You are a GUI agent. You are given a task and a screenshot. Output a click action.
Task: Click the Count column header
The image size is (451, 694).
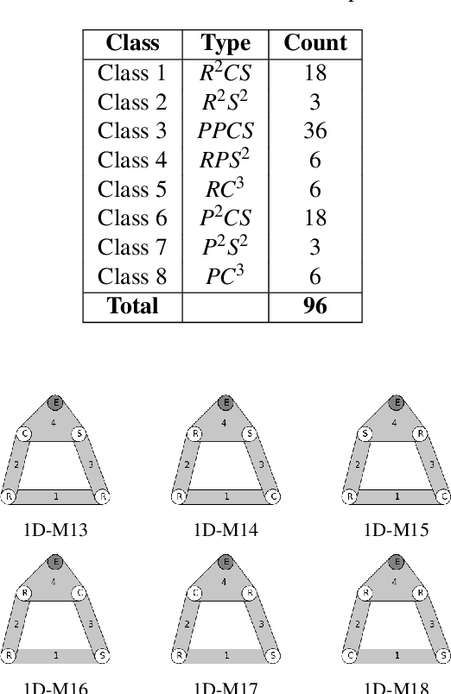(315, 43)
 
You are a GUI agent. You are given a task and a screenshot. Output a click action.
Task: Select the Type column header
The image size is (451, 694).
(225, 43)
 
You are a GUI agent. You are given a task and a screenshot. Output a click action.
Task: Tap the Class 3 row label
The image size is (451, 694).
(132, 130)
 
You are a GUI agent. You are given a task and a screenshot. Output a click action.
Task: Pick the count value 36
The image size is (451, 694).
(315, 130)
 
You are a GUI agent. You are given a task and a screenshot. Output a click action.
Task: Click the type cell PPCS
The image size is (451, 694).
(225, 130)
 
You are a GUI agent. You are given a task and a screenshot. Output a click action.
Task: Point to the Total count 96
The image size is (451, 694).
(315, 306)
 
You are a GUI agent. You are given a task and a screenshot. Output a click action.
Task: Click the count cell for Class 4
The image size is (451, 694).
(315, 160)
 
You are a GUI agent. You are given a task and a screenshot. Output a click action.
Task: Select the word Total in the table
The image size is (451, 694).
(132, 306)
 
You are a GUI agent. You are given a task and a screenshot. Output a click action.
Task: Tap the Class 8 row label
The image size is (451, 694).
(132, 277)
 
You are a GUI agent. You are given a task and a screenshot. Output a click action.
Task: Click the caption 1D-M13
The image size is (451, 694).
(54, 530)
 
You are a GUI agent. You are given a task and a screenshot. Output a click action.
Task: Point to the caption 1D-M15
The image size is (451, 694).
(397, 530)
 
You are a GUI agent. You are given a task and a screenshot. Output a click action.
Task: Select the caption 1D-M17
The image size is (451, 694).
(225, 688)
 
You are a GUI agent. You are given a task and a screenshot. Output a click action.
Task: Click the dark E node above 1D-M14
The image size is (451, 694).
(225, 402)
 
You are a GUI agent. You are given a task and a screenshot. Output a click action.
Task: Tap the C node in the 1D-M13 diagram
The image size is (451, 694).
(26, 434)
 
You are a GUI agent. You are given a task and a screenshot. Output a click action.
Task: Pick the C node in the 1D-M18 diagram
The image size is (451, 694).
(350, 656)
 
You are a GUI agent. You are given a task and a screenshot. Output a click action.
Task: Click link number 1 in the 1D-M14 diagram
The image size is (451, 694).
(225, 497)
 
